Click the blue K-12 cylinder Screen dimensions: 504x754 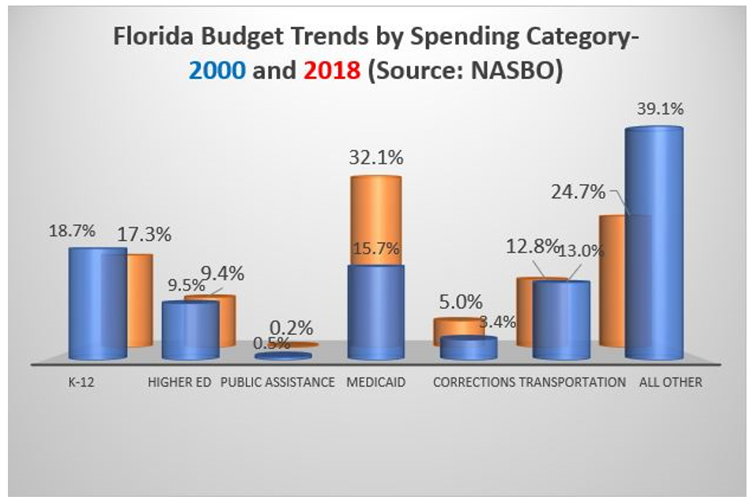(96, 304)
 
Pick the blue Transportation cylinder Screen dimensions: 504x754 (561, 320)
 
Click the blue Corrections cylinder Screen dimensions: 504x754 (469, 348)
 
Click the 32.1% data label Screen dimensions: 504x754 (376, 157)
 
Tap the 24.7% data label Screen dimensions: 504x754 (577, 192)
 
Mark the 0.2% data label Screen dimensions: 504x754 (292, 326)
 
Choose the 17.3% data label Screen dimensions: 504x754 (145, 235)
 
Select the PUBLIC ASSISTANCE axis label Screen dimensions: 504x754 (277, 382)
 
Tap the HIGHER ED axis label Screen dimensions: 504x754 (179, 382)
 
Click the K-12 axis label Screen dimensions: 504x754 (77, 382)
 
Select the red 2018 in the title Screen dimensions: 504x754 (330, 70)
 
